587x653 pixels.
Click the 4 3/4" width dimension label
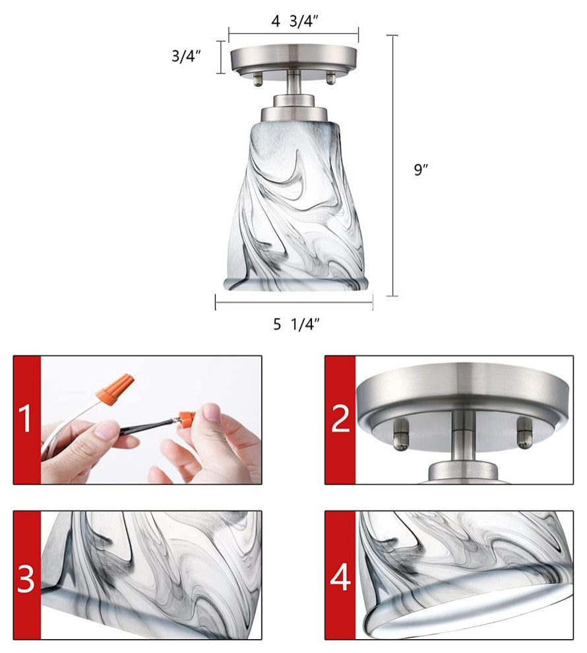pyautogui.click(x=294, y=21)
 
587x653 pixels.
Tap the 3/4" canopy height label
pyautogui.click(x=186, y=55)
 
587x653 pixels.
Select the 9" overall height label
pyautogui.click(x=421, y=170)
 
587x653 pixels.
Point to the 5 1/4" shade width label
pyautogui.click(x=296, y=324)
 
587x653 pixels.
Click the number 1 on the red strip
pyautogui.click(x=26, y=420)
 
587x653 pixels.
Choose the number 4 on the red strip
pyautogui.click(x=340, y=576)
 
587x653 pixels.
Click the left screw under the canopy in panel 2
pyautogui.click(x=401, y=435)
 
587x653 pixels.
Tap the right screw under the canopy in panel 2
pyautogui.click(x=524, y=433)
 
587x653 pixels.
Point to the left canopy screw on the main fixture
pyautogui.click(x=258, y=78)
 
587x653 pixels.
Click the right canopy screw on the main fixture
pyautogui.click(x=330, y=78)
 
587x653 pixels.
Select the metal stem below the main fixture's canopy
pyautogui.click(x=293, y=83)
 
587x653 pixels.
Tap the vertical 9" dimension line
pyautogui.click(x=392, y=166)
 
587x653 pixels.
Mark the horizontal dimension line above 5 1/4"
pyautogui.click(x=294, y=302)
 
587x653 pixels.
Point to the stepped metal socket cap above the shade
pyautogui.click(x=294, y=108)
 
